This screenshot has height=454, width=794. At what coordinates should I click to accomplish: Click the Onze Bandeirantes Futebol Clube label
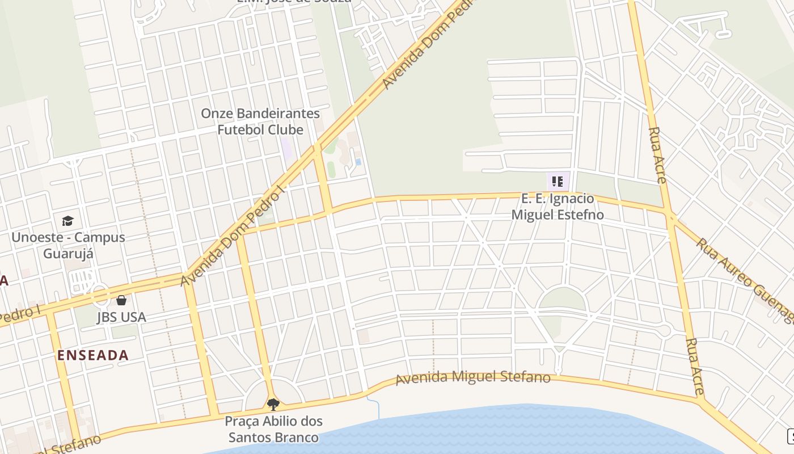click(260, 121)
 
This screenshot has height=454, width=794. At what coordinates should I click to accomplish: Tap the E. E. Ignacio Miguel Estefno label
click(558, 207)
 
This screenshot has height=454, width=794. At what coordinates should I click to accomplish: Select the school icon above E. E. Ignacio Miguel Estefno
click(558, 182)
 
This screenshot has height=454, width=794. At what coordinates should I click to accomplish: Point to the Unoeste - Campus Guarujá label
click(68, 245)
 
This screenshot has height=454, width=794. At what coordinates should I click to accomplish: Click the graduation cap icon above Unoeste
click(68, 221)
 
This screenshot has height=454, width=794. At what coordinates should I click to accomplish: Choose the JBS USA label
click(121, 317)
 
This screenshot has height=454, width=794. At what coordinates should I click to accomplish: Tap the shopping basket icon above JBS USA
click(121, 300)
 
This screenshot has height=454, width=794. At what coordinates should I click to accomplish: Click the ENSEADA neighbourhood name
click(93, 355)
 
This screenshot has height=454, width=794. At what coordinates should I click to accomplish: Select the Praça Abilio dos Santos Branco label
click(273, 429)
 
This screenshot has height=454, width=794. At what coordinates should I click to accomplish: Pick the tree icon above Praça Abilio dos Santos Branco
click(273, 405)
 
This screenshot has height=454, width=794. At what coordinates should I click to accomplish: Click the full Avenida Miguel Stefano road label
click(473, 377)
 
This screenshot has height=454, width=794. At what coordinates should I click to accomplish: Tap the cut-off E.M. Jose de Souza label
click(293, 2)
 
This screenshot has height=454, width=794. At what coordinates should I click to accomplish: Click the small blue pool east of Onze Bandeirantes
click(358, 162)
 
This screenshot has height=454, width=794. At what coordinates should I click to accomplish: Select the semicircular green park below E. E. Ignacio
click(562, 300)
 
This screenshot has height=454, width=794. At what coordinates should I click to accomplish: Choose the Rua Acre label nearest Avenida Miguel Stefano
click(695, 366)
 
